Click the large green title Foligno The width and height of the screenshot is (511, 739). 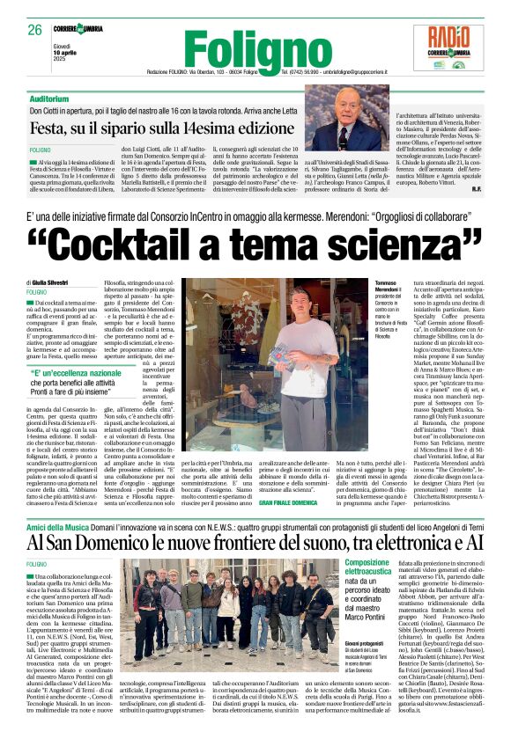255,48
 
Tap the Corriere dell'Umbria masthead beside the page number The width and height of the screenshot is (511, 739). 77,29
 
